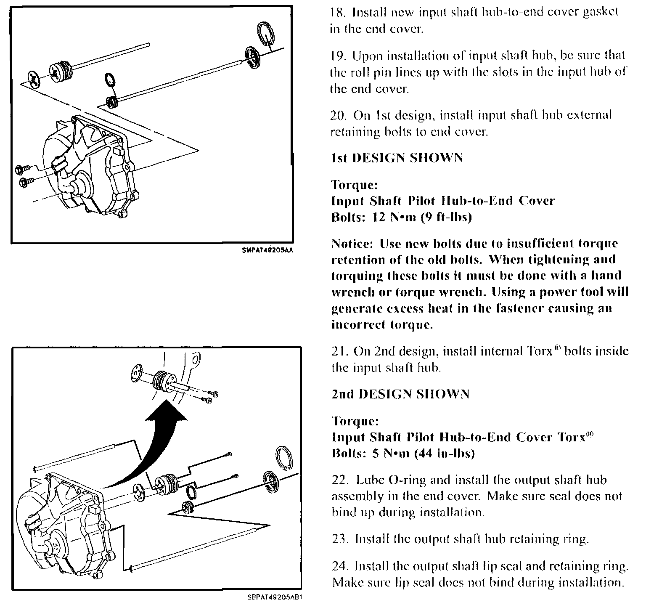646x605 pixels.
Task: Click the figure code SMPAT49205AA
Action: click(267, 250)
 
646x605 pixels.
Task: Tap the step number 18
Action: click(338, 12)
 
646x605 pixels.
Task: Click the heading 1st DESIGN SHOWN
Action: click(397, 158)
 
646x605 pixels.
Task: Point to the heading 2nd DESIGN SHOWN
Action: click(400, 394)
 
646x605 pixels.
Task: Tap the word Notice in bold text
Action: click(352, 244)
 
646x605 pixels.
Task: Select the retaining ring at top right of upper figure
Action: click(265, 33)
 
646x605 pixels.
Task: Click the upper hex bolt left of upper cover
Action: click(21, 170)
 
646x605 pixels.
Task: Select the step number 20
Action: click(339, 115)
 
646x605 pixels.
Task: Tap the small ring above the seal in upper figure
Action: click(109, 80)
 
